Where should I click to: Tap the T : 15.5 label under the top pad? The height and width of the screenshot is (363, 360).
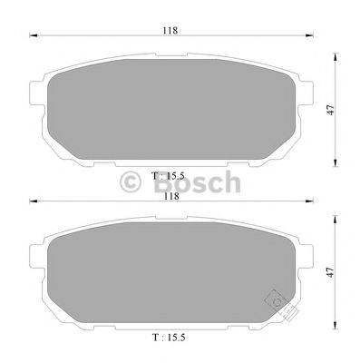(x=170, y=172)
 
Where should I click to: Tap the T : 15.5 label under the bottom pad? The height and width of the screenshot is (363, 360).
(x=170, y=337)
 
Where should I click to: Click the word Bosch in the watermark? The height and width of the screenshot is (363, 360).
(x=201, y=185)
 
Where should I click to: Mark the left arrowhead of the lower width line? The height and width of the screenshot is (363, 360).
(x=33, y=201)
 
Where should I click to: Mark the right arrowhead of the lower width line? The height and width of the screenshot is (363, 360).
(x=309, y=201)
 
